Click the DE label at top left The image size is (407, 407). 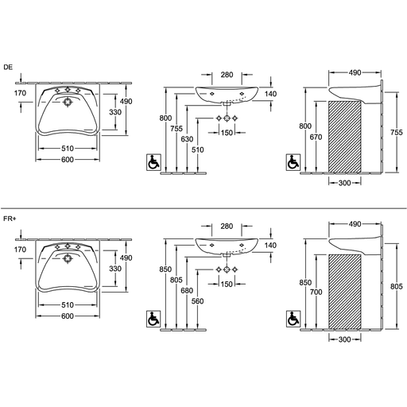tap(8, 68)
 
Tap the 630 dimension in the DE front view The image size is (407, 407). tap(187, 139)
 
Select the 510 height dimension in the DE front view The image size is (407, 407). tap(198, 150)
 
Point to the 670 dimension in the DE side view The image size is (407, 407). tap(316, 137)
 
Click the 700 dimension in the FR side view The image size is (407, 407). tap(316, 292)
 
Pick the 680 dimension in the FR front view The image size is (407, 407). tap(187, 291)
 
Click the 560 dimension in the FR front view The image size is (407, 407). tap(197, 301)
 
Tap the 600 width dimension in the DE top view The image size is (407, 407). tap(68, 160)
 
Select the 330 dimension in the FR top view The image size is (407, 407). tap(115, 269)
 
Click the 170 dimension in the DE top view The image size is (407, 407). tap(20, 93)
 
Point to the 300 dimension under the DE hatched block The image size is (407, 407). tap(344, 183)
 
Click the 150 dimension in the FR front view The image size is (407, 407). tap(227, 284)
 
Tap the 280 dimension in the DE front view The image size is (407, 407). tap(227, 75)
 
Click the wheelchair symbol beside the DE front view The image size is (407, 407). tap(153, 162)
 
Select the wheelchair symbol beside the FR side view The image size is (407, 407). tap(293, 319)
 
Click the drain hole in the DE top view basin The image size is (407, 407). tap(68, 103)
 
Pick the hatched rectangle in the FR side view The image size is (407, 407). tap(345, 292)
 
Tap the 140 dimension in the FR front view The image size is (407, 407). tap(270, 246)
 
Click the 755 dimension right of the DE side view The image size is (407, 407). tap(397, 132)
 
